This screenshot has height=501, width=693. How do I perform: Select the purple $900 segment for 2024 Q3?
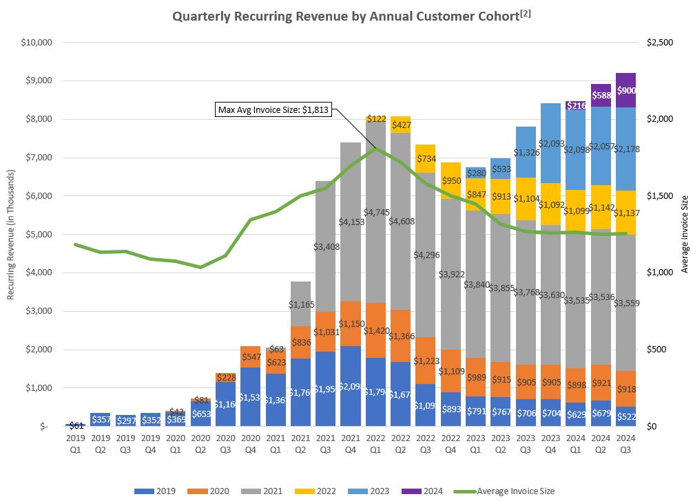626,90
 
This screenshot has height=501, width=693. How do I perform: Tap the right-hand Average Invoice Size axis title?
684,234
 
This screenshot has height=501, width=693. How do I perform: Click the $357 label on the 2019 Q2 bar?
101,419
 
